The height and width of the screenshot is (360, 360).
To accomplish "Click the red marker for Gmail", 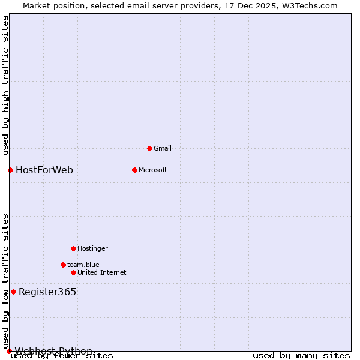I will pyautogui.click(x=149, y=148).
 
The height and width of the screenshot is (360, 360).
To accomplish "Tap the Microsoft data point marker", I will pyautogui.click(x=134, y=170).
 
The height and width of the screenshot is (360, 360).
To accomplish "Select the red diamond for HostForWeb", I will pyautogui.click(x=10, y=170).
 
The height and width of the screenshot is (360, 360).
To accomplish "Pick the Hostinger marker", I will pyautogui.click(x=73, y=248).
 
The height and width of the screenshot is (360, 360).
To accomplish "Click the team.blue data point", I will pyautogui.click(x=63, y=265).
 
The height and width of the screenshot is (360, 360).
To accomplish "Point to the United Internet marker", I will pyautogui.click(x=73, y=272).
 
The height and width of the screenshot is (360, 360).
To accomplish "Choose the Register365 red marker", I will pyautogui.click(x=13, y=292).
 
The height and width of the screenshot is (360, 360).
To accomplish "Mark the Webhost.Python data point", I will pyautogui.click(x=9, y=351).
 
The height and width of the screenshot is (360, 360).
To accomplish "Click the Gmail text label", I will pyautogui.click(x=163, y=148).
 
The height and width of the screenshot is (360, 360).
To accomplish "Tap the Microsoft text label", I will pyautogui.click(x=153, y=170).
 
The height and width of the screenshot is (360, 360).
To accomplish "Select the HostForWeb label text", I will pyautogui.click(x=44, y=170).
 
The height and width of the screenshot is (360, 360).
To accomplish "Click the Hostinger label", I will pyautogui.click(x=92, y=248).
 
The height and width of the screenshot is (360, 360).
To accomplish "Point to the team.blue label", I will pyautogui.click(x=83, y=265).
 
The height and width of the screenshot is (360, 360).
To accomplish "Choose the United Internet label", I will pyautogui.click(x=101, y=272).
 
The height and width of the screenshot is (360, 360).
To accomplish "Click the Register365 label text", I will pyautogui.click(x=47, y=292).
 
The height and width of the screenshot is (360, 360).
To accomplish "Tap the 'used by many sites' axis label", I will pyautogui.click(x=301, y=356).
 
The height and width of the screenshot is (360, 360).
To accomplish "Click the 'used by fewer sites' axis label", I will pyautogui.click(x=62, y=356).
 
